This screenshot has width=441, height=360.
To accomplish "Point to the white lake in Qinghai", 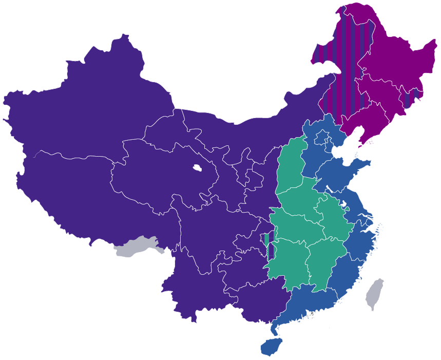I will point(197,167).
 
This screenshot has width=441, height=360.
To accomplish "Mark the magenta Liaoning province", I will point(359,123).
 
